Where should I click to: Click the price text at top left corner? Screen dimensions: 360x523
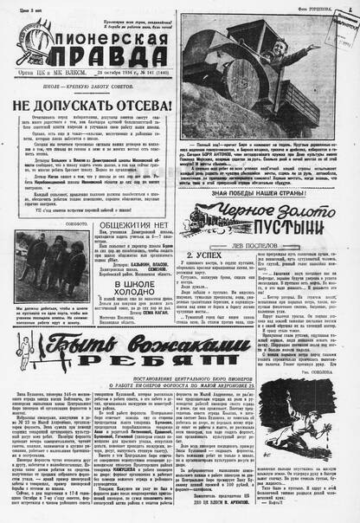pos(19,8)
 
